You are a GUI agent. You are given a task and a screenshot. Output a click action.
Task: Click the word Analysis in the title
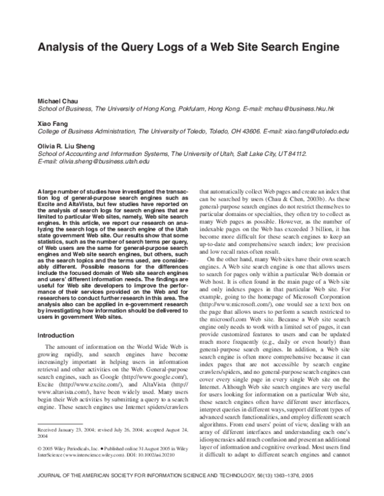coord(61,47)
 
